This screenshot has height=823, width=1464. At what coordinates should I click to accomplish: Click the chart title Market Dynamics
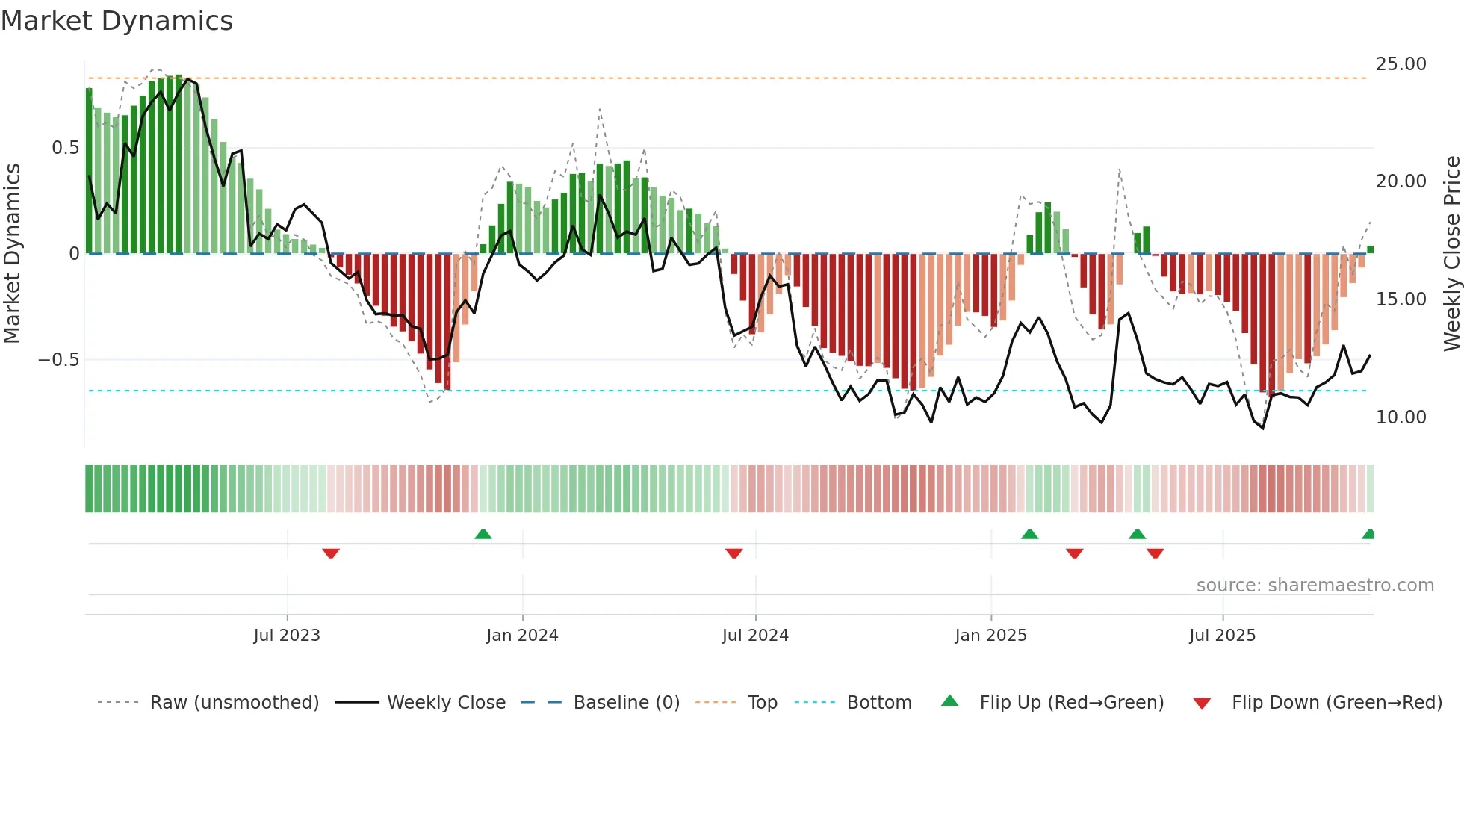click(x=117, y=21)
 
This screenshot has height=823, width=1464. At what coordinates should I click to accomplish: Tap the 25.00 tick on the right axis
click(x=1401, y=64)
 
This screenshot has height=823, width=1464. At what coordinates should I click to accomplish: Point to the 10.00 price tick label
click(x=1401, y=417)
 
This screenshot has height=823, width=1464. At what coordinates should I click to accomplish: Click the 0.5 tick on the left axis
click(x=65, y=148)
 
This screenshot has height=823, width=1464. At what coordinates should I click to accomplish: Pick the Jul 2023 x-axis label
click(x=287, y=636)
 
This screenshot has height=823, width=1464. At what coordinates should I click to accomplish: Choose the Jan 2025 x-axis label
click(x=990, y=636)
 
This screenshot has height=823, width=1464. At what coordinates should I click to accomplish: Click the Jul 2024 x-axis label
click(x=755, y=636)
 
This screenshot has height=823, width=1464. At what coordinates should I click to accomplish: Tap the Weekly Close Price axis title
click(x=1451, y=254)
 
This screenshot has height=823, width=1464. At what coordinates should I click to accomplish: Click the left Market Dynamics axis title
click(x=12, y=254)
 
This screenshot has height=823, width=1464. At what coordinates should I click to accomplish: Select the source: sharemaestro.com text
click(x=1315, y=586)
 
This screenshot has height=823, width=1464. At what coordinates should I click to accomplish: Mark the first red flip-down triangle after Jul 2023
click(x=331, y=553)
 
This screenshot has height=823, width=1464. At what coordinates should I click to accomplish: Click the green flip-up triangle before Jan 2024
click(x=483, y=534)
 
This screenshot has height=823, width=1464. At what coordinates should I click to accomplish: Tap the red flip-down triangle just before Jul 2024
click(x=734, y=553)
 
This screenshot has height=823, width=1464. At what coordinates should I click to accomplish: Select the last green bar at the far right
click(x=1371, y=249)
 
